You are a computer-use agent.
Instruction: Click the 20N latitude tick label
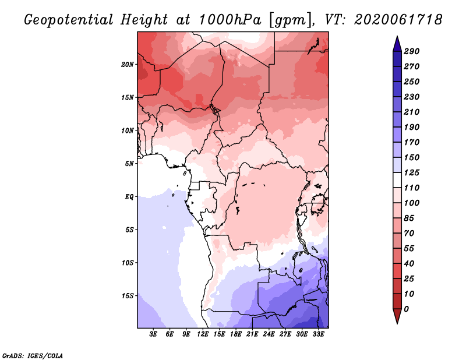coord(128,65)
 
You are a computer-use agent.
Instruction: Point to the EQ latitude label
coord(129,197)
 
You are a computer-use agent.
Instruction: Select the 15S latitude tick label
coord(128,296)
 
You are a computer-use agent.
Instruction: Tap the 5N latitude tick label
coord(129,164)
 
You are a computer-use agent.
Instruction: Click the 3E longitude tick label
coord(153,334)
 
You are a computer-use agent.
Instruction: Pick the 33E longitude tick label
coord(318,334)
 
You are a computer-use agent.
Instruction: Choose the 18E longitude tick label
coord(236,334)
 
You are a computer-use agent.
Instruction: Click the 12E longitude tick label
coord(203,334)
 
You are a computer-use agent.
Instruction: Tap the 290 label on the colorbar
coord(412,51)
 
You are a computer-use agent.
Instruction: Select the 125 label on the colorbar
coord(412,172)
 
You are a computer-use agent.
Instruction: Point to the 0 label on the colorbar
coord(406,309)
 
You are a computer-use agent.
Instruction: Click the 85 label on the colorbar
coord(409,218)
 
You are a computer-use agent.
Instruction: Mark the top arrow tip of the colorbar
coord(397,36)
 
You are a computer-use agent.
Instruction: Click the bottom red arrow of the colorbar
coord(397,315)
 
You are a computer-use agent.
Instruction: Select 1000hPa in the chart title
coord(230,20)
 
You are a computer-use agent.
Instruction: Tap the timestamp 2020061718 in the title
coord(398,20)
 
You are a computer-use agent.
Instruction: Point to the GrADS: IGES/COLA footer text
coord(33,356)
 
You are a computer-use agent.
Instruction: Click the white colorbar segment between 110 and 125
coord(397,180)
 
